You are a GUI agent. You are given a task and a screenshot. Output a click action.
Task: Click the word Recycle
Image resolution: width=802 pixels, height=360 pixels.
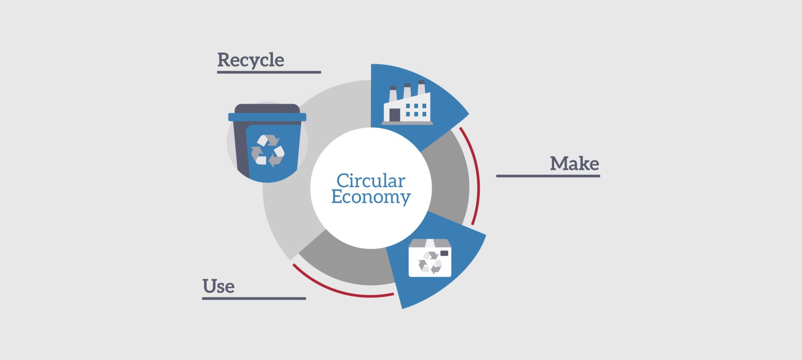(251, 60)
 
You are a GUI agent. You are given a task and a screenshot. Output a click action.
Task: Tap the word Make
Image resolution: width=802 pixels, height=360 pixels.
(574, 163)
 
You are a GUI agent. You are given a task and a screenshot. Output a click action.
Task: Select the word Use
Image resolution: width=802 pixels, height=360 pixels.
(218, 286)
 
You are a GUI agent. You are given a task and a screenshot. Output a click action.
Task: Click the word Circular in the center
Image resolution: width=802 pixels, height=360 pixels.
(371, 181)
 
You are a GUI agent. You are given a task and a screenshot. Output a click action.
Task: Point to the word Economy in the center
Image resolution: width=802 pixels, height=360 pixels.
(371, 197)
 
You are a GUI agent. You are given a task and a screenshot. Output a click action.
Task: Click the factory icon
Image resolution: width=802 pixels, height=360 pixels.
(407, 103)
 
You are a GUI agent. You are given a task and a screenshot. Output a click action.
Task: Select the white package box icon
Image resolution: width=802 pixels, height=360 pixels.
(430, 258)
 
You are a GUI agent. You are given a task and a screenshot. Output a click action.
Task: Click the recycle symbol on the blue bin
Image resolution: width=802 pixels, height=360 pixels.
(267, 150)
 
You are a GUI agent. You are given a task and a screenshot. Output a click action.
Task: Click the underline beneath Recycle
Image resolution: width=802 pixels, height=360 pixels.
(269, 72)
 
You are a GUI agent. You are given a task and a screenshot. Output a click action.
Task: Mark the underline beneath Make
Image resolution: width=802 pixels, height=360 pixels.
(548, 176)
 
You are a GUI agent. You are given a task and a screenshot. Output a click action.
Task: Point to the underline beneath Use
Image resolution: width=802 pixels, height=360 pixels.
(254, 299)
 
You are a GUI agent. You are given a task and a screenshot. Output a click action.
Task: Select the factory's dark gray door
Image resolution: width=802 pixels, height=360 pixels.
(395, 115)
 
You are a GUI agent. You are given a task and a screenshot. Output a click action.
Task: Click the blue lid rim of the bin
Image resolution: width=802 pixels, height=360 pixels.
(267, 117)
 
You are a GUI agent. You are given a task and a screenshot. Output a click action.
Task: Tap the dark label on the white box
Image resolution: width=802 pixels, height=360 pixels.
(444, 253)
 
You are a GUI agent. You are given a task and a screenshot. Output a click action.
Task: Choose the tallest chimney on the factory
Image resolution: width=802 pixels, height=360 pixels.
(421, 90)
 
